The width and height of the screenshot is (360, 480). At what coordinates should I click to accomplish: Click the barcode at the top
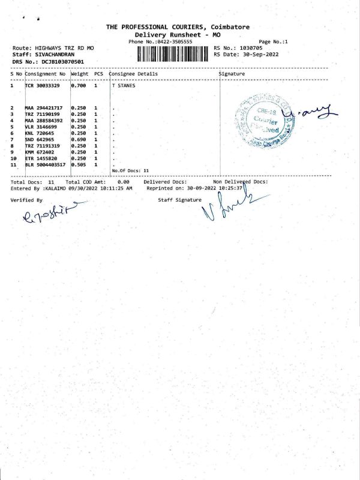click(173, 54)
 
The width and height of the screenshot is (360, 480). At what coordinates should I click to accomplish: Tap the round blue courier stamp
click(261, 121)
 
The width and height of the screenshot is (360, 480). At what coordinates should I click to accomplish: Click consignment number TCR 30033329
click(42, 86)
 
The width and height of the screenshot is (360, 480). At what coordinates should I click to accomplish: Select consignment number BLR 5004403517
click(46, 164)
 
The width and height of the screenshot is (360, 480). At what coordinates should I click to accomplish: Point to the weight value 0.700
click(79, 86)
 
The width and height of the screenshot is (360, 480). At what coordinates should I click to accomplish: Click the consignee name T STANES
click(124, 86)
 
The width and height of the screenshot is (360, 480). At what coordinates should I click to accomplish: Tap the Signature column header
click(232, 74)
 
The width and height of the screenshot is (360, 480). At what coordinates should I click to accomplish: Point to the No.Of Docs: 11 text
click(130, 171)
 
